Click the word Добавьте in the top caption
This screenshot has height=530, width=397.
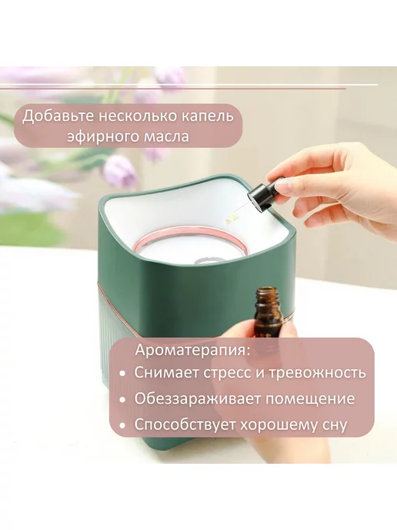point(58,116)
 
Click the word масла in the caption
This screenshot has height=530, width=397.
point(166,137)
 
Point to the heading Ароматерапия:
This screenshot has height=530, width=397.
point(193,351)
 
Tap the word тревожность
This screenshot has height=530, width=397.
point(318,373)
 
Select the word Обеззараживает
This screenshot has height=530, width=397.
point(198,399)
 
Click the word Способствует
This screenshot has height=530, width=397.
point(185,425)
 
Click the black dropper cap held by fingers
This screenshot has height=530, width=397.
point(260,196)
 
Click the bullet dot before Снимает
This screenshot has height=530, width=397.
point(122,374)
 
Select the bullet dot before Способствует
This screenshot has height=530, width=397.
point(122,426)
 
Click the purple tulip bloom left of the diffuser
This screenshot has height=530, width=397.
point(119,171)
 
